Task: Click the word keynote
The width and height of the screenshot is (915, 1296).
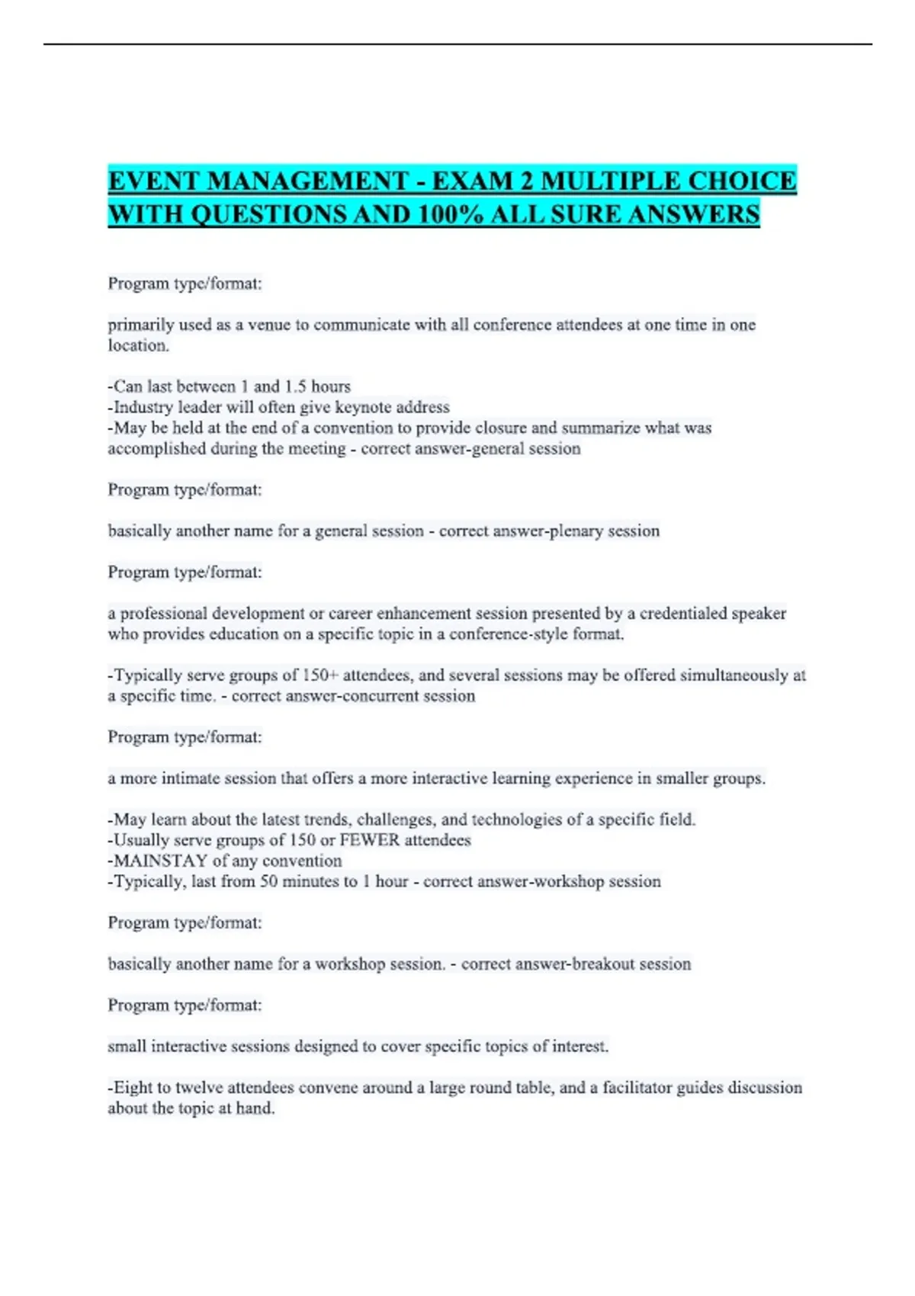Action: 365,407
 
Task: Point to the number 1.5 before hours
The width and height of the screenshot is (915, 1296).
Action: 295,387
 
